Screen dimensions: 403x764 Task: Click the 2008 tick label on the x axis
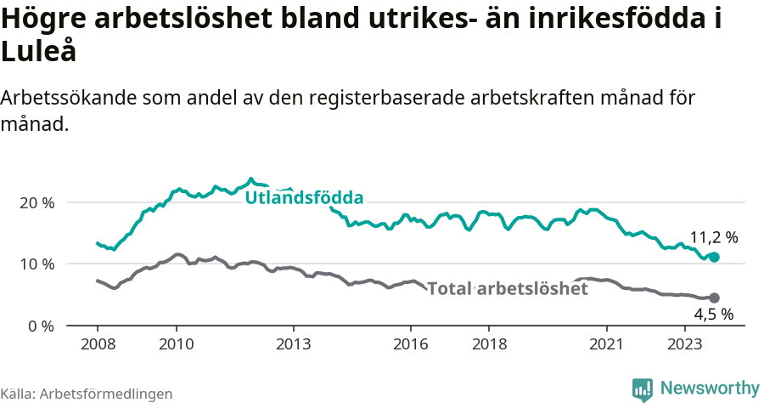[98, 343]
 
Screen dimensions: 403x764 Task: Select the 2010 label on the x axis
[176, 343]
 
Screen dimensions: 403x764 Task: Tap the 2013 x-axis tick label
[294, 343]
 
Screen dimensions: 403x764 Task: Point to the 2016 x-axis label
[411, 343]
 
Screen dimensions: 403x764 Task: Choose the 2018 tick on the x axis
[490, 343]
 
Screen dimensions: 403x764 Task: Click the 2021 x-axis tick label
[607, 343]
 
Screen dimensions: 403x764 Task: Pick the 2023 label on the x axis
[685, 343]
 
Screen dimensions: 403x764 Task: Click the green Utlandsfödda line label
[304, 198]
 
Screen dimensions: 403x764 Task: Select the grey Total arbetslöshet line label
[508, 289]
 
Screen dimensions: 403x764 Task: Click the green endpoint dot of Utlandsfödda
[714, 257]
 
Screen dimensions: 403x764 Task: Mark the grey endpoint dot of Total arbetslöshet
[714, 298]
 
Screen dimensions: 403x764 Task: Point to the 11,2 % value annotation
[713, 237]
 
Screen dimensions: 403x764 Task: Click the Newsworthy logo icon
[643, 389]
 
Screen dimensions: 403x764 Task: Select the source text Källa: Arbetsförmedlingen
[87, 394]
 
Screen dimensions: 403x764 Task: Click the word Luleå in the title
[39, 51]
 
